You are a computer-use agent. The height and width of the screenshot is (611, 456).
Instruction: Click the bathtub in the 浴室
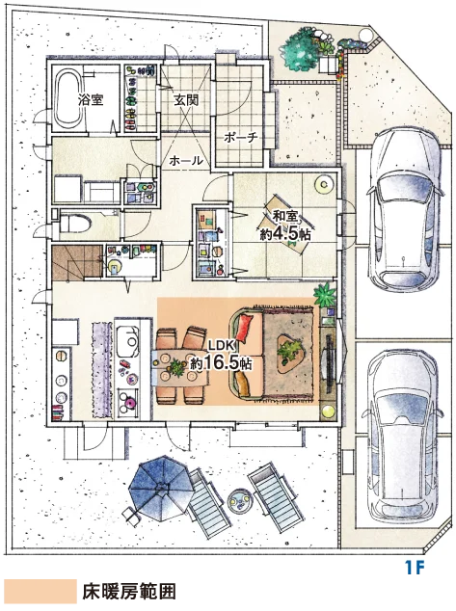(69, 98)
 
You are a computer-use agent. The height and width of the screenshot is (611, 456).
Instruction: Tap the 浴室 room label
(91, 100)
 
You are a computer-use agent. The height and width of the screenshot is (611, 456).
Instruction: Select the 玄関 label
(186, 100)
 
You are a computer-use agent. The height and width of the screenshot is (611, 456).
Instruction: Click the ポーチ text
(241, 137)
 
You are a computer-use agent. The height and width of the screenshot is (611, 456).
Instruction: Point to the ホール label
(186, 160)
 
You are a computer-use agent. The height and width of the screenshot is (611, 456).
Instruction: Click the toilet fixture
(75, 224)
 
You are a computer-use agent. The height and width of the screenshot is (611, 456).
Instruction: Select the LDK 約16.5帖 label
(221, 357)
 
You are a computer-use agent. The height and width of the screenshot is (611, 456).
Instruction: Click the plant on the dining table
(177, 367)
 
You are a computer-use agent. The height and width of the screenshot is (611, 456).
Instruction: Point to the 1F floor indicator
(415, 568)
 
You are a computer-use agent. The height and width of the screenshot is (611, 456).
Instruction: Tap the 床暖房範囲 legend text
(128, 592)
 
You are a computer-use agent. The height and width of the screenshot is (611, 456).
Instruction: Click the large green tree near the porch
(299, 50)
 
